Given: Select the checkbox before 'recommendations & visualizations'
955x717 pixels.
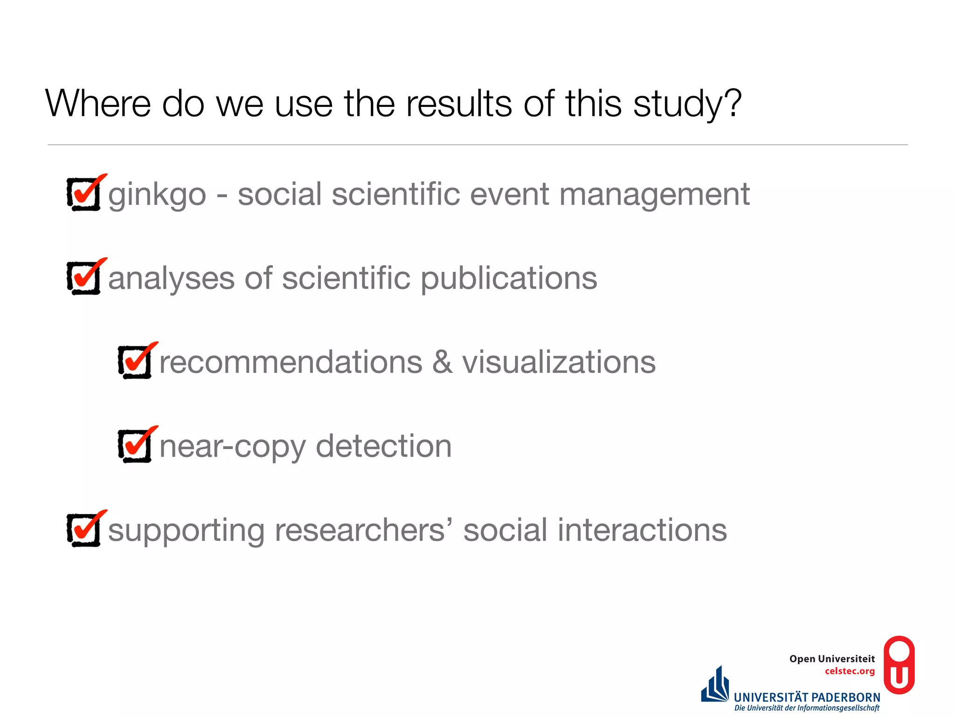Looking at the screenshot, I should point(135,362).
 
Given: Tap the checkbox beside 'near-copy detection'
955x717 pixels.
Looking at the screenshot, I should point(135,446).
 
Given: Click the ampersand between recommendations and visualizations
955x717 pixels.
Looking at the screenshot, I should point(442,362).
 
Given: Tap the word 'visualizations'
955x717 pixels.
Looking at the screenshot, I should point(559,362).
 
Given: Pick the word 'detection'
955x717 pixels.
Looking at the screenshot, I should point(384,446).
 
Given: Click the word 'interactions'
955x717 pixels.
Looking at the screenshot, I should point(642,530).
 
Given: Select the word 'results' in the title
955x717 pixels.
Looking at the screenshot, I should point(459,104).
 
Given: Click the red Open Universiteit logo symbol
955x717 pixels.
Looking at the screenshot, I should point(899,665).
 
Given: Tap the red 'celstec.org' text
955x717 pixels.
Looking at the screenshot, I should point(850,671).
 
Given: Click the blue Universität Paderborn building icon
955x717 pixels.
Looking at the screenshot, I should point(715,685).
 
